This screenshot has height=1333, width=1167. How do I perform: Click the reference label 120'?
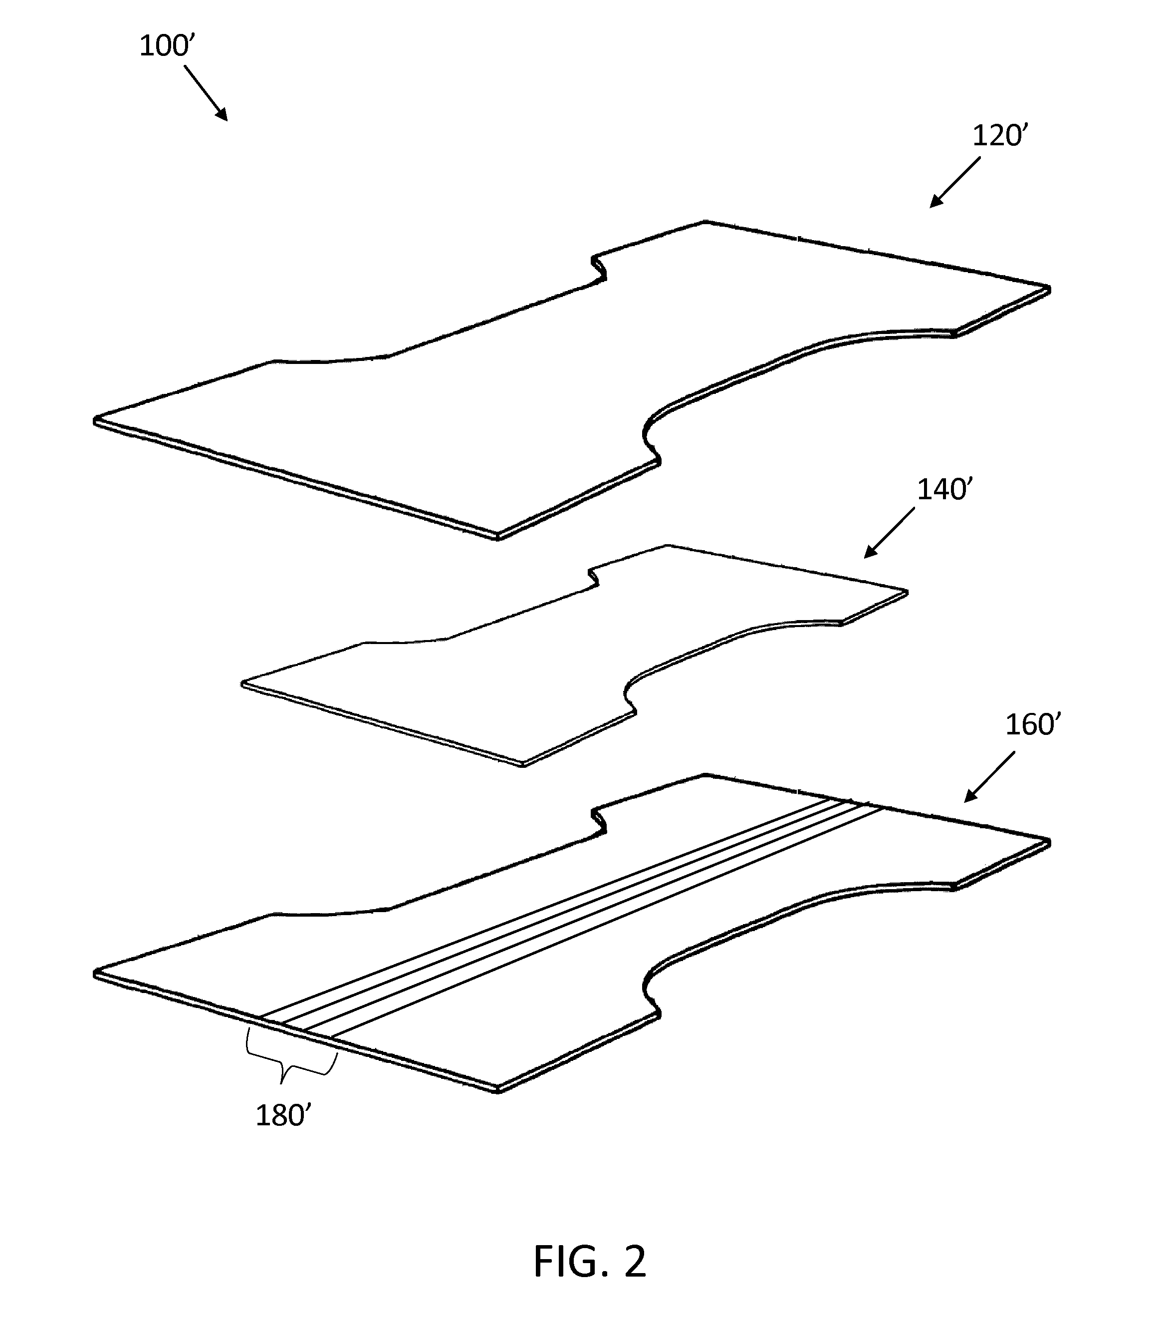click(1000, 135)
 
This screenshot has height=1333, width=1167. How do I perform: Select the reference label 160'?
click(1033, 724)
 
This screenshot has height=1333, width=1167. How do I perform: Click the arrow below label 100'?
click(206, 92)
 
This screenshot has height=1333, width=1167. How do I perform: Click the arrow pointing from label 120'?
click(954, 182)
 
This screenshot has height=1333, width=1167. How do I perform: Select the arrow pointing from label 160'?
click(990, 777)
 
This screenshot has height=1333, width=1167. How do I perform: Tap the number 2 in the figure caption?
click(635, 1261)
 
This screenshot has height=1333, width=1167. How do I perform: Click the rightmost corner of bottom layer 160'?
click(1050, 842)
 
